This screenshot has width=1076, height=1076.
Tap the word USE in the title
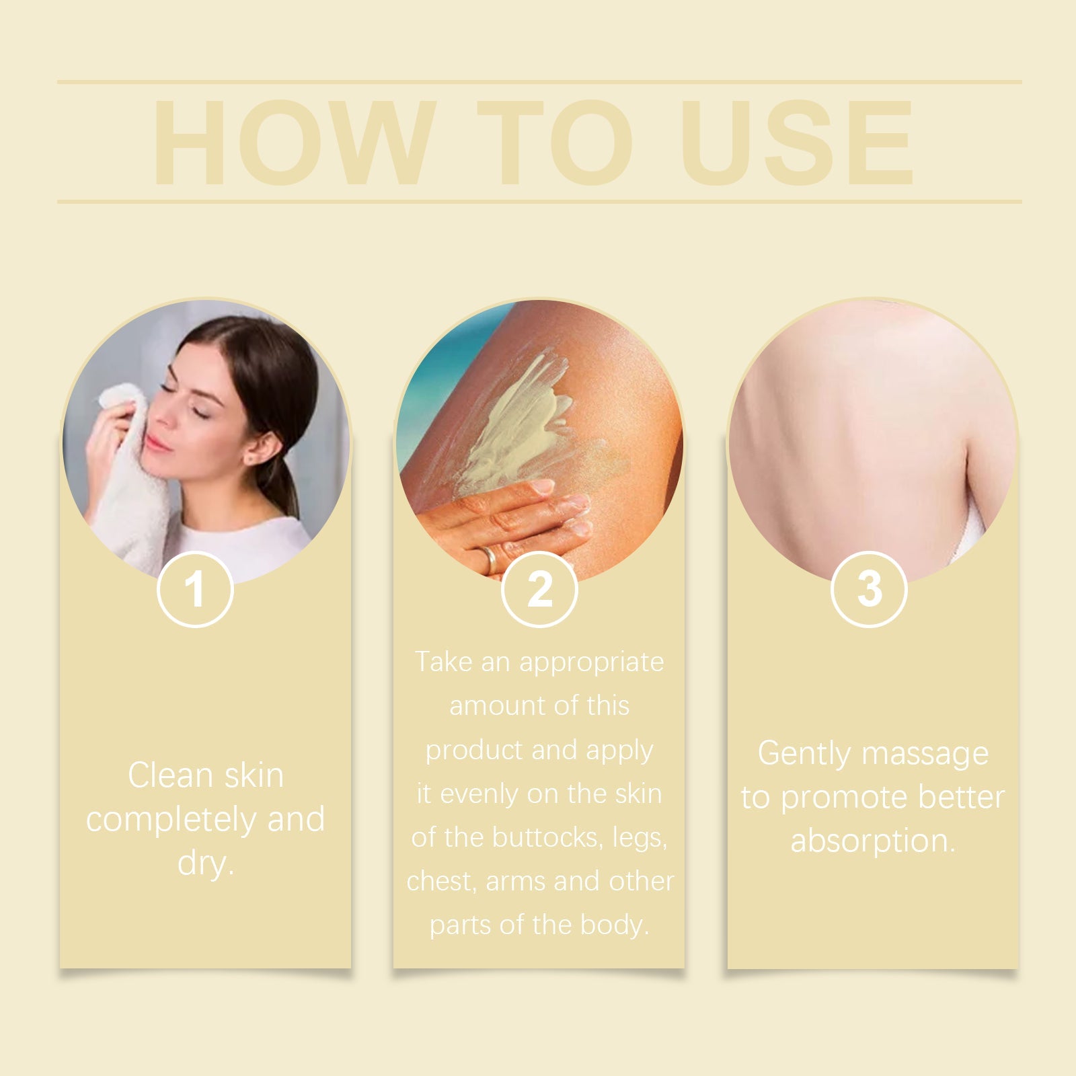coord(797,143)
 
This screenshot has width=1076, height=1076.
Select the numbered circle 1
coord(195,589)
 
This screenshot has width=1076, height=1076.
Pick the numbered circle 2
coord(539,589)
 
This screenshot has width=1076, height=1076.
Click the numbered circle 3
coord(869,589)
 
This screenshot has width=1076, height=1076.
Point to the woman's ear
coord(261,447)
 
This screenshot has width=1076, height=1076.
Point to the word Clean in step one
coord(170,775)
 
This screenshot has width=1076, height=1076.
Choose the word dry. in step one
coord(206,863)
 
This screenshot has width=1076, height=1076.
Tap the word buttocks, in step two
coord(547,837)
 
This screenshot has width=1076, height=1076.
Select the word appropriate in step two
coord(591,662)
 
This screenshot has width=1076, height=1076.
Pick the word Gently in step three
coord(804,753)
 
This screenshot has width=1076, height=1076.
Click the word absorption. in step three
coord(873,841)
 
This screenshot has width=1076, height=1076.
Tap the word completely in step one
coord(171,820)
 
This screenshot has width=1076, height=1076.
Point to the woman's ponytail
coord(286,484)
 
